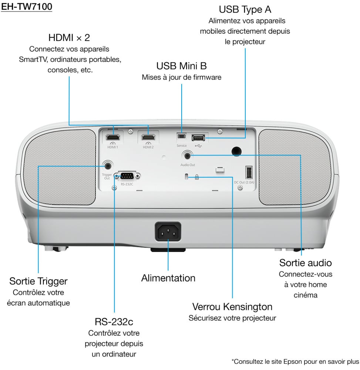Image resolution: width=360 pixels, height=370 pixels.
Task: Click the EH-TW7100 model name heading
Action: (x=26, y=7)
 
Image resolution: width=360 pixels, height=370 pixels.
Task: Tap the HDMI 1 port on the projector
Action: (x=112, y=138)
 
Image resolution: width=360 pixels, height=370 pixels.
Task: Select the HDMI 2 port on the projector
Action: (x=148, y=138)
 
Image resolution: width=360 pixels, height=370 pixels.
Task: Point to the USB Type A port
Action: (x=198, y=138)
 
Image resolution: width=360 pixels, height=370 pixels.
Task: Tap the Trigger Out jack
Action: (x=108, y=165)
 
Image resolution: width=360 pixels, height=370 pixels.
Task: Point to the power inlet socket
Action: (x=168, y=232)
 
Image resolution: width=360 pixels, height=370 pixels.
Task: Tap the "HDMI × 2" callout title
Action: (x=69, y=38)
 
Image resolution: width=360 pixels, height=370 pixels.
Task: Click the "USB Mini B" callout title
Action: (x=181, y=66)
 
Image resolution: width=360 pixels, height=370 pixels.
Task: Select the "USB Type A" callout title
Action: (x=245, y=9)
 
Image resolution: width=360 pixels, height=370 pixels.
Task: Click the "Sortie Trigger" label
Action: (x=38, y=281)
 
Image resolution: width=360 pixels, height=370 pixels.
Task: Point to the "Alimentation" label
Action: (x=168, y=278)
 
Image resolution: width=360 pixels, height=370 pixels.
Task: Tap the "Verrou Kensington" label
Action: (x=232, y=307)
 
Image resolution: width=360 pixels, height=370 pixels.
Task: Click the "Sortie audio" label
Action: (x=306, y=263)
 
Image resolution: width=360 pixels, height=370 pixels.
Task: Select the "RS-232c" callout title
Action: (x=114, y=322)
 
